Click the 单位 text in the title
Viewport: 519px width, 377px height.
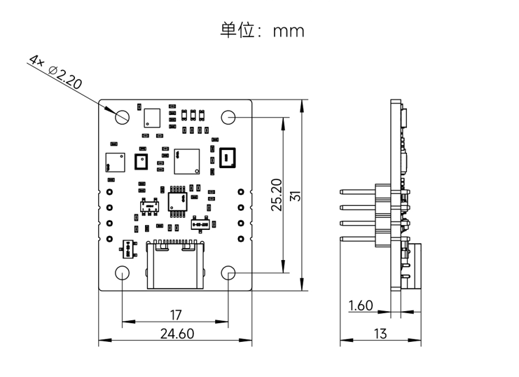(235, 31)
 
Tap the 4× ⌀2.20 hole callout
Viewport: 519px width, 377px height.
(56, 71)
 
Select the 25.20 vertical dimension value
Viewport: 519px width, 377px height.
(277, 194)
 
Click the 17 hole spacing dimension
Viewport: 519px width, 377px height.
(176, 315)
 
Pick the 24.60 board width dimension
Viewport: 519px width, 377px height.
(177, 334)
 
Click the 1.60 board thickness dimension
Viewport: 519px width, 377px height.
(361, 306)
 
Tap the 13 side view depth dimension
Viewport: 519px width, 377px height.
(380, 334)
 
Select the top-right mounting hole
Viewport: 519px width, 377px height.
(229, 116)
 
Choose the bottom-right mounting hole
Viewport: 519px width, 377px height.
(229, 272)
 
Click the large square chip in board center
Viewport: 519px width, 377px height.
(187, 160)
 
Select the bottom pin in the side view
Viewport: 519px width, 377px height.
(359, 239)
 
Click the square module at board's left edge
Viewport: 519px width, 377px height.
(113, 162)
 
